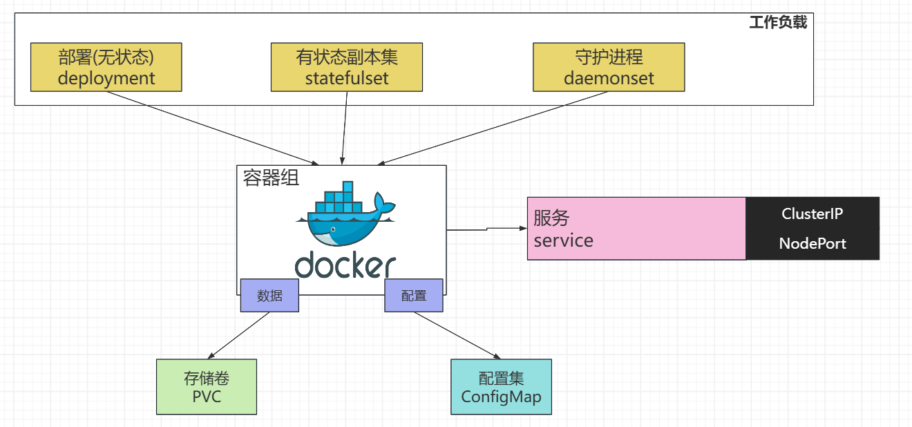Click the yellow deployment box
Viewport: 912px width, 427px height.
pos(106,67)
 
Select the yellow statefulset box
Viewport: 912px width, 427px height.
pos(347,67)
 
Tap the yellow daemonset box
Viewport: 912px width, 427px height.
pos(609,67)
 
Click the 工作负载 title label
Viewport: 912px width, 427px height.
pos(778,23)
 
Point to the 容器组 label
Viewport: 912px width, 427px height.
pos(272,178)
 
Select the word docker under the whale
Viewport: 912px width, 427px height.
pos(345,265)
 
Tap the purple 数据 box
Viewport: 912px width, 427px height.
pos(269,296)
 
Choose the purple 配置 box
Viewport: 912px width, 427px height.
pos(414,296)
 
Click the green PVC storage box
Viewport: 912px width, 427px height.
pos(207,387)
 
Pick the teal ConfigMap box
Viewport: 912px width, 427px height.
pos(501,387)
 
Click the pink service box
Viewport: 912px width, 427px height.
pos(636,229)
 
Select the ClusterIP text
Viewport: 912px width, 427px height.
pos(812,214)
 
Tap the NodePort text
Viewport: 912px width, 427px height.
pos(812,243)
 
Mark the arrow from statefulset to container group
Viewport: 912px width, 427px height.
pos(344,129)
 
